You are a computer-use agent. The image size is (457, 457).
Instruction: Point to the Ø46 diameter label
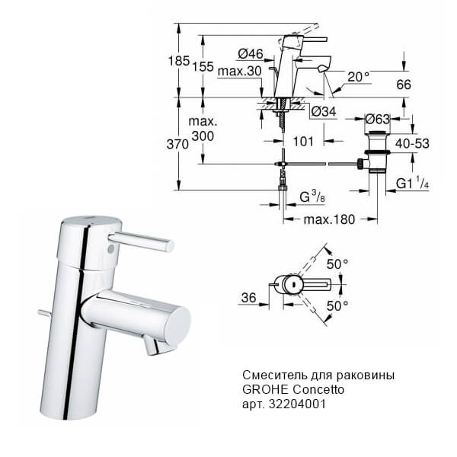tap(251, 53)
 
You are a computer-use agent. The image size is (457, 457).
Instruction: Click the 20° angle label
tap(358, 78)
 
